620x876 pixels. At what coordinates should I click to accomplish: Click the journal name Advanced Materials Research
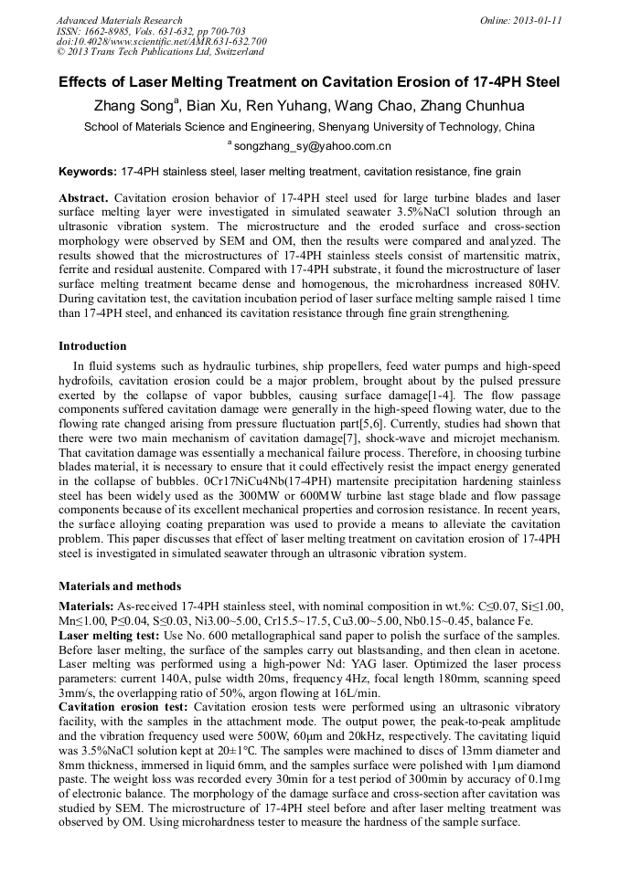tap(119, 20)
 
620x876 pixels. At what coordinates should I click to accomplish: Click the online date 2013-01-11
tap(534, 20)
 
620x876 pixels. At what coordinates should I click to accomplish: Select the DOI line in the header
tap(161, 41)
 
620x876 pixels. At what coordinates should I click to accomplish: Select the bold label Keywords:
tap(88, 172)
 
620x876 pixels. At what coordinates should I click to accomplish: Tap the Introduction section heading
tap(92, 346)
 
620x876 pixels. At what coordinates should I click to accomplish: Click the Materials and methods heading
tap(120, 586)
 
